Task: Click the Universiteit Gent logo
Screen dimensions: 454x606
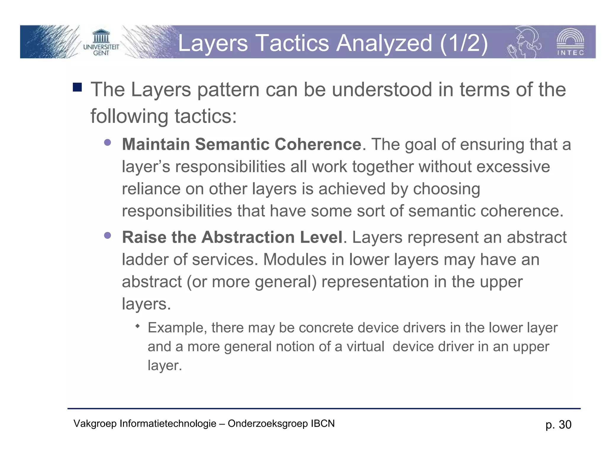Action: [x=101, y=42]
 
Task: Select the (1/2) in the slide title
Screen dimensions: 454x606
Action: [x=464, y=43]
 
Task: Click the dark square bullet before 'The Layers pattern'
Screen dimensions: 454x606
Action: [x=77, y=87]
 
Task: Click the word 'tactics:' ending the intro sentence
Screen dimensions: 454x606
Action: [x=206, y=116]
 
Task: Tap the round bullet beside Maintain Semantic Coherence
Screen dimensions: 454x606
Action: [x=107, y=142]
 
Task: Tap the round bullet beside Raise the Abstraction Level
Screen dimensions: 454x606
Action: [x=107, y=236]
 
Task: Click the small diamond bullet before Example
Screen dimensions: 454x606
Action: [x=137, y=326]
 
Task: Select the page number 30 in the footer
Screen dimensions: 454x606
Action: [x=565, y=425]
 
